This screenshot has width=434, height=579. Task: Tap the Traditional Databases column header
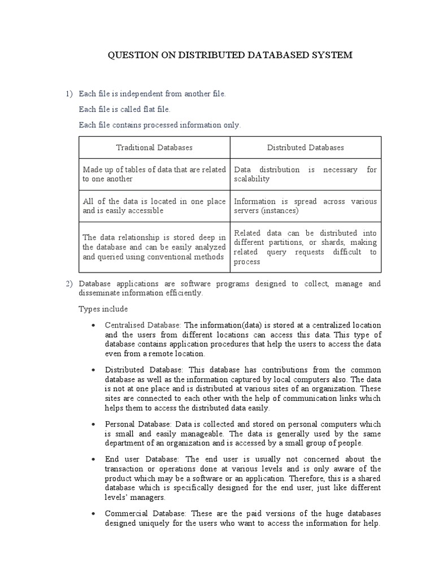(x=154, y=147)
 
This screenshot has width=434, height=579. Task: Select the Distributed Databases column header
(x=305, y=147)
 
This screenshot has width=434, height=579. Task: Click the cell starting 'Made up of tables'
(x=154, y=174)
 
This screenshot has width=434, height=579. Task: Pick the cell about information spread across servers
(x=305, y=206)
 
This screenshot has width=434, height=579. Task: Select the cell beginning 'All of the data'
(x=154, y=206)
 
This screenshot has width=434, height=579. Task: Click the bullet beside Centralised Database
(x=92, y=326)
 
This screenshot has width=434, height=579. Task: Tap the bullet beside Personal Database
(x=92, y=424)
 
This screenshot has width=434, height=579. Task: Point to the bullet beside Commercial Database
(x=92, y=514)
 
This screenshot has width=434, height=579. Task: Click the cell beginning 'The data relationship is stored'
(x=154, y=247)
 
